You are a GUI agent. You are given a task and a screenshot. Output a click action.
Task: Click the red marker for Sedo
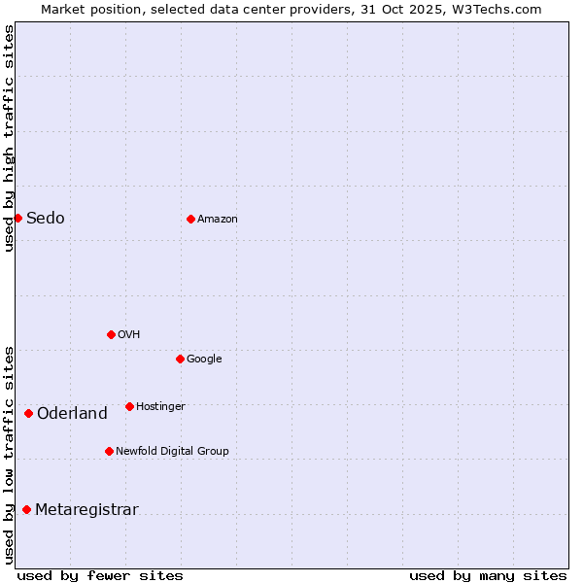pyautogui.click(x=17, y=218)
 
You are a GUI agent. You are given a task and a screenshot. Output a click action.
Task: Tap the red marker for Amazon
pyautogui.click(x=190, y=219)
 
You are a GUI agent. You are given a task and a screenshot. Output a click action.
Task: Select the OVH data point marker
pyautogui.click(x=111, y=334)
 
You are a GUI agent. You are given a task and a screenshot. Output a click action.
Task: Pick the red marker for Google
pyautogui.click(x=180, y=359)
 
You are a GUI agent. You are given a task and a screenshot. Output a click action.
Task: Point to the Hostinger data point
pyautogui.click(x=129, y=406)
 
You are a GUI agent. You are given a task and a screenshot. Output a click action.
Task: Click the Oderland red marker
pyautogui.click(x=28, y=413)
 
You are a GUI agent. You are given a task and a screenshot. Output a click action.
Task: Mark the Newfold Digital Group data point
pyautogui.click(x=109, y=451)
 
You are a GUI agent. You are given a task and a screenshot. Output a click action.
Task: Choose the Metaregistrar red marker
pyautogui.click(x=26, y=509)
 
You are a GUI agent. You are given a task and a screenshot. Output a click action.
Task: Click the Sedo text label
pyautogui.click(x=46, y=218)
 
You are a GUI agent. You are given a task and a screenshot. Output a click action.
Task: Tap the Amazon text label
pyautogui.click(x=218, y=220)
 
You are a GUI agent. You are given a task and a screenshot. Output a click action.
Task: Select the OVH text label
pyautogui.click(x=129, y=335)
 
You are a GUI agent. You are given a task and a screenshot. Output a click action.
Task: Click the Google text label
pyautogui.click(x=204, y=360)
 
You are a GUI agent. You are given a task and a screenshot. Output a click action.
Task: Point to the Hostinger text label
pyautogui.click(x=160, y=407)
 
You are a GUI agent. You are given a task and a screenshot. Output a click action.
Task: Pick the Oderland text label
pyautogui.click(x=72, y=414)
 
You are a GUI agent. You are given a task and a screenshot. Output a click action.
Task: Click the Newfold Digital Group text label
pyautogui.click(x=172, y=452)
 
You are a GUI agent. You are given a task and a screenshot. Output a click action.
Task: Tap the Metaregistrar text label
pyautogui.click(x=86, y=510)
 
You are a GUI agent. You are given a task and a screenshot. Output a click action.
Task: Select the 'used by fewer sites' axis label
pyautogui.click(x=100, y=575)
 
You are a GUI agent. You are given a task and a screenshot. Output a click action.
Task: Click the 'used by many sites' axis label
pyautogui.click(x=488, y=575)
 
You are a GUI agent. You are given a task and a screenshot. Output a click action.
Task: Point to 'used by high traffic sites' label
pyautogui.click(x=10, y=138)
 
